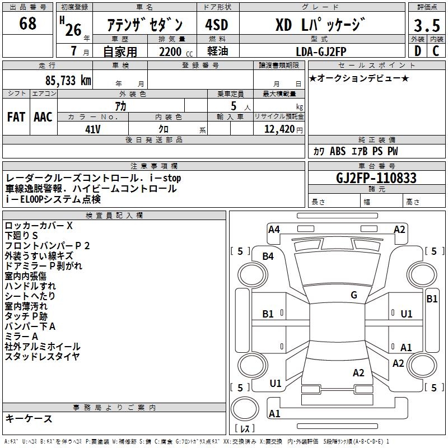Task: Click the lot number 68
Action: (x=27, y=24)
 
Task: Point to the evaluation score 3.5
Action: (x=426, y=26)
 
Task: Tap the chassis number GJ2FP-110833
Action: (x=376, y=178)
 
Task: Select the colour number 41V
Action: (x=92, y=129)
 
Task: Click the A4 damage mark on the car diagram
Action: (x=274, y=229)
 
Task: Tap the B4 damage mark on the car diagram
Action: (x=268, y=256)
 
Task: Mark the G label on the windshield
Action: (x=354, y=295)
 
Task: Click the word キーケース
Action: (x=29, y=418)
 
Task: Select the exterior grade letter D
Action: (x=417, y=51)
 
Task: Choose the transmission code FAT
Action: (x=16, y=116)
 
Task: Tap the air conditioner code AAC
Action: (x=43, y=116)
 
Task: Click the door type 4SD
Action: (x=217, y=25)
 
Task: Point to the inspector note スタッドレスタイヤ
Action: (x=42, y=356)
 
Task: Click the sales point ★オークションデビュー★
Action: (x=358, y=78)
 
